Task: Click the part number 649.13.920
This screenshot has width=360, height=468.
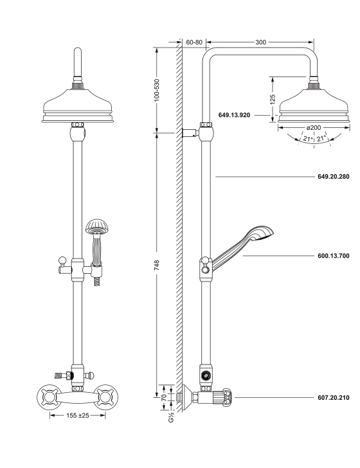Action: [x=235, y=115]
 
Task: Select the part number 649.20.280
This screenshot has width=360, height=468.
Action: [x=334, y=175]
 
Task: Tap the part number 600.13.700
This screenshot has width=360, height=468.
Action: [x=334, y=256]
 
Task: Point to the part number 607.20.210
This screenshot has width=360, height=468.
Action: [x=334, y=397]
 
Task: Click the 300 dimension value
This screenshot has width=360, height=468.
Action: [x=261, y=42]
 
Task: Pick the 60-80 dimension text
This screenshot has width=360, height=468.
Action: [x=194, y=42]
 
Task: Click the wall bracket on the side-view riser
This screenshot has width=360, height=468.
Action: [x=191, y=134]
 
